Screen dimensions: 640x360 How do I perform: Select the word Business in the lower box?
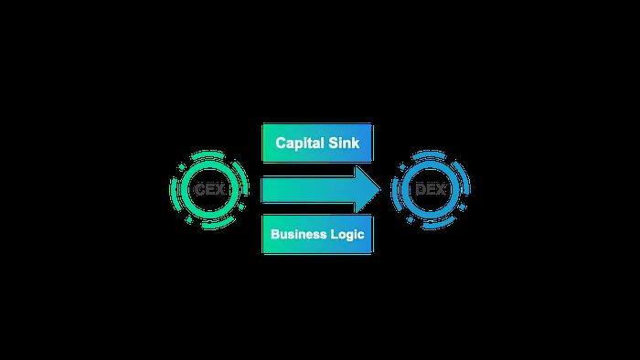[299, 234]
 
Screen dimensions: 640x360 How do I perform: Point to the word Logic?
[347, 235]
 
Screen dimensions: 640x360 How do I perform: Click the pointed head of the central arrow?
[380, 189]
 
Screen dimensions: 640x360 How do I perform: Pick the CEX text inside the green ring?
[209, 189]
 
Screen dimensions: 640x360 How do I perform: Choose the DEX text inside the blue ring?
[431, 189]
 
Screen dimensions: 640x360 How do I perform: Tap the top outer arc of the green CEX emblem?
[208, 154]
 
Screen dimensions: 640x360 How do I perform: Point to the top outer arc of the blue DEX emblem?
[429, 154]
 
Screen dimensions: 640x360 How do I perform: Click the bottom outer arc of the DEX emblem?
[439, 224]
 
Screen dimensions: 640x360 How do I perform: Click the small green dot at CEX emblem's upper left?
[182, 166]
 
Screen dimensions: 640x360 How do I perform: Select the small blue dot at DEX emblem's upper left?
[403, 166]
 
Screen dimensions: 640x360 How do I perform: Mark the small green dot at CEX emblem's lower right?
[241, 206]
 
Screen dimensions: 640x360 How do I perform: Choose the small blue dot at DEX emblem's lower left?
[410, 220]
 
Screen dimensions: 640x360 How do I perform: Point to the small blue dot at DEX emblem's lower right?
[462, 206]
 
